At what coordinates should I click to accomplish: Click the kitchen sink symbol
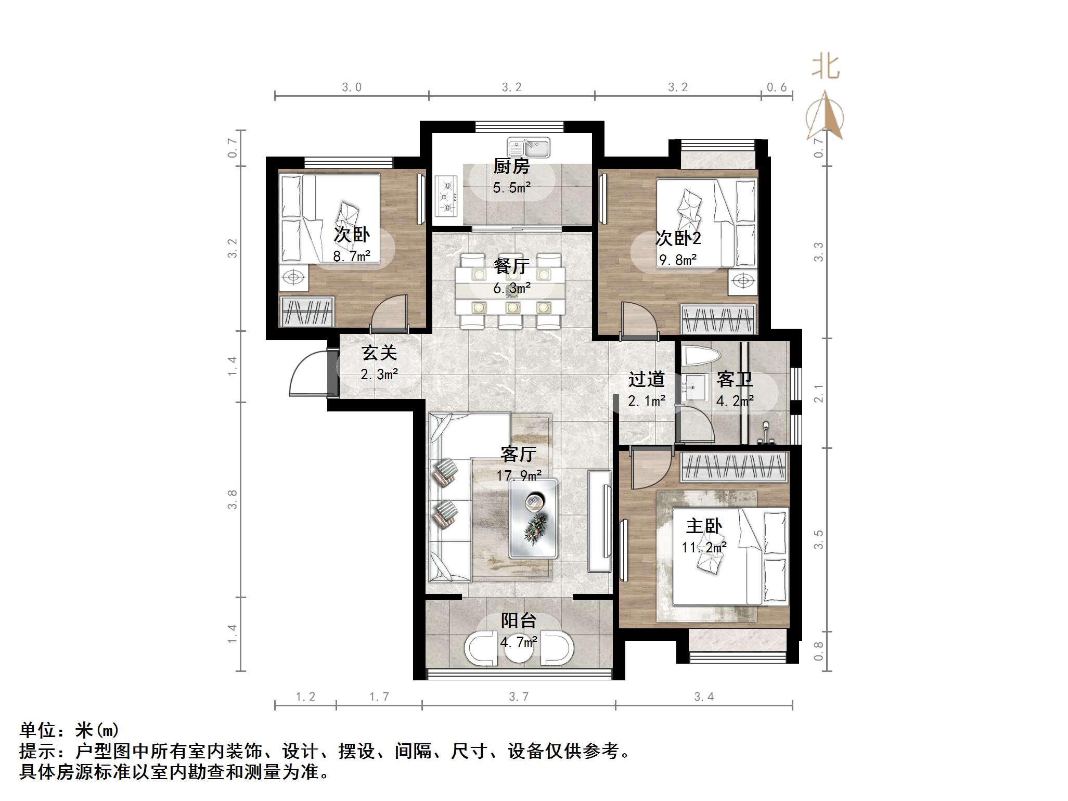529,148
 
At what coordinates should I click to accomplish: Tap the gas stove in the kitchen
446,196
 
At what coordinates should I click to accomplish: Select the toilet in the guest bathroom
701,356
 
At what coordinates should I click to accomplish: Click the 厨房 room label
511,166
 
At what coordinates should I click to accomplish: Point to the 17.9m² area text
519,475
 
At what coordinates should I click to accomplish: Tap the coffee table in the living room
533,519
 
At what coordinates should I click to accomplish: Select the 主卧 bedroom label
704,526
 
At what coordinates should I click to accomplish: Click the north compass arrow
825,115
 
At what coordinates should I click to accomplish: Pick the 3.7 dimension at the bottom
519,696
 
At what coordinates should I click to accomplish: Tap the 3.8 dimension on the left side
232,499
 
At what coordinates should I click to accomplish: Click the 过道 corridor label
646,379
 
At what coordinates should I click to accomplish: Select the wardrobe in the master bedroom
734,467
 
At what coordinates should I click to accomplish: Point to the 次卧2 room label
678,238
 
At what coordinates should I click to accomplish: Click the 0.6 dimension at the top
777,87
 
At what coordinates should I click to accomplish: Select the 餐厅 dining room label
511,266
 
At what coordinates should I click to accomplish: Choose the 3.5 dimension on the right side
818,539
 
